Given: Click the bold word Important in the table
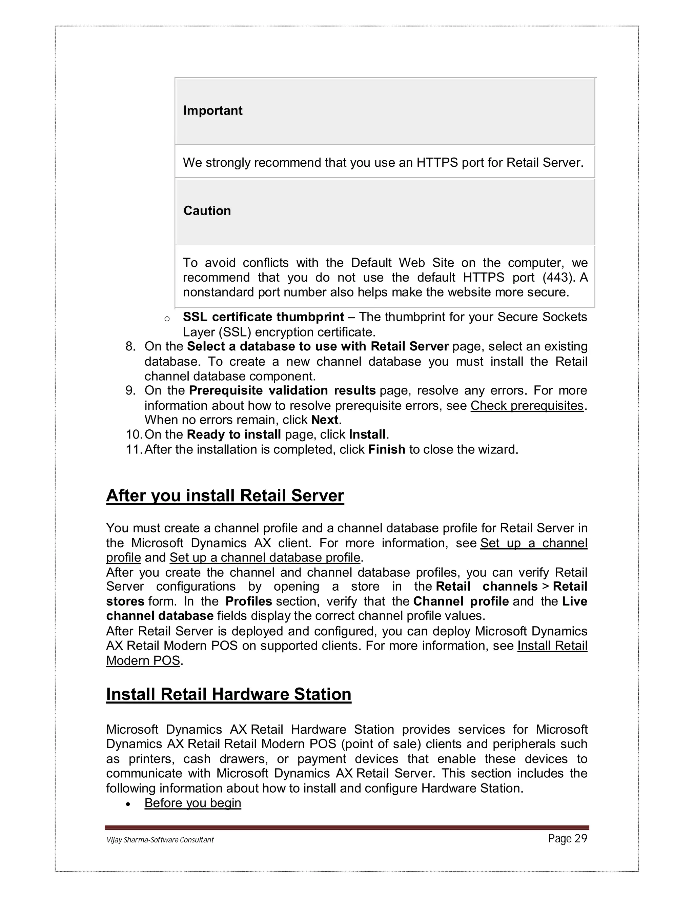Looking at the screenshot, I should pyautogui.click(x=212, y=110).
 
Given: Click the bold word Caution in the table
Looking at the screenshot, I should pyautogui.click(x=207, y=210).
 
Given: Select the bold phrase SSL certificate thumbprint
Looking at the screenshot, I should pyautogui.click(x=263, y=317).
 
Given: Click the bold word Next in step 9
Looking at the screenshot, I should pyautogui.click(x=325, y=420).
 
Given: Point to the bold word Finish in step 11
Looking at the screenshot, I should pyautogui.click(x=386, y=449).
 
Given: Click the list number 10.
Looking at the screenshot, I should pyautogui.click(x=133, y=435).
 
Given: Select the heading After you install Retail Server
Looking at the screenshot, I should pyautogui.click(x=225, y=495).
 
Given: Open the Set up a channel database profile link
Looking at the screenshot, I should pyautogui.click(x=265, y=557).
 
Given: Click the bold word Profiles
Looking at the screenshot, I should pyautogui.click(x=248, y=601).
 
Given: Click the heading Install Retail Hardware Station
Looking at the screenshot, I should pyautogui.click(x=229, y=694).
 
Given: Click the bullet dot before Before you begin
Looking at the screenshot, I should pyautogui.click(x=128, y=804).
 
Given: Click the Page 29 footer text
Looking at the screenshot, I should pyautogui.click(x=567, y=839).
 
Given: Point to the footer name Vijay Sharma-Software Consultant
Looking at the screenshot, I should pyautogui.click(x=160, y=840).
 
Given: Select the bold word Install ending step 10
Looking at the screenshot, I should pyautogui.click(x=367, y=435).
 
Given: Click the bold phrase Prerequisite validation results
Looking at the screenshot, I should pyautogui.click(x=282, y=390).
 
